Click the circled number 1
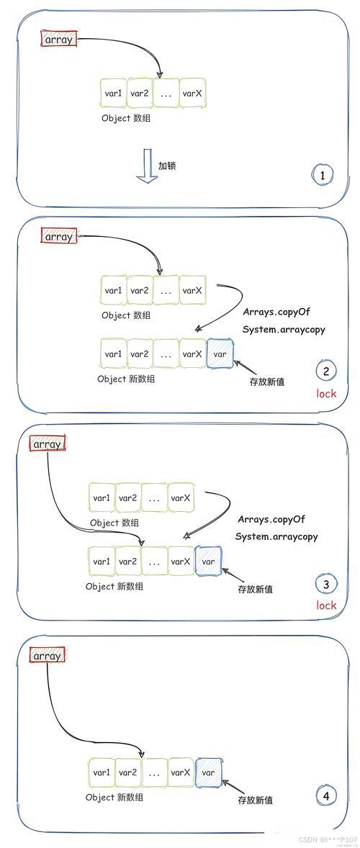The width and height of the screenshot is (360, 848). (x=323, y=175)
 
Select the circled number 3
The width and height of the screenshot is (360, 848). (x=326, y=585)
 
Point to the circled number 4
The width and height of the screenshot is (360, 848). (x=326, y=795)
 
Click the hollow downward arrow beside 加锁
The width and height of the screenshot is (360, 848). (x=147, y=166)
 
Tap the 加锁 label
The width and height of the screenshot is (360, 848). (x=167, y=166)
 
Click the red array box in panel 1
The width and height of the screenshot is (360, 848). (x=58, y=40)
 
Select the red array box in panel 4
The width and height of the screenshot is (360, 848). (x=48, y=656)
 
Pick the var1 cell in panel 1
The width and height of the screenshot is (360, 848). (x=113, y=94)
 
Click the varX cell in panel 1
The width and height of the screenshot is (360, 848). (x=192, y=94)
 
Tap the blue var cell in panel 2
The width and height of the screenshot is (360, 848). (x=220, y=354)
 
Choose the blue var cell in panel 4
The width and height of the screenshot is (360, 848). (x=208, y=772)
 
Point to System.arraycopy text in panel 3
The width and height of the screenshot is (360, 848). (x=276, y=536)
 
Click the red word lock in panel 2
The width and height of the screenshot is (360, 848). (x=326, y=394)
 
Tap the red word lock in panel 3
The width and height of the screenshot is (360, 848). (x=326, y=605)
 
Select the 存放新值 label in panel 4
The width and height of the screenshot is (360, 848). (x=255, y=800)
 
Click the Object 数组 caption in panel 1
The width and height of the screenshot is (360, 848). (x=126, y=118)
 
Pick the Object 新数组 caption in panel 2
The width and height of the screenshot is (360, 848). (x=126, y=379)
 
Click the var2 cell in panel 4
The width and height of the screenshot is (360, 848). (x=128, y=772)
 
